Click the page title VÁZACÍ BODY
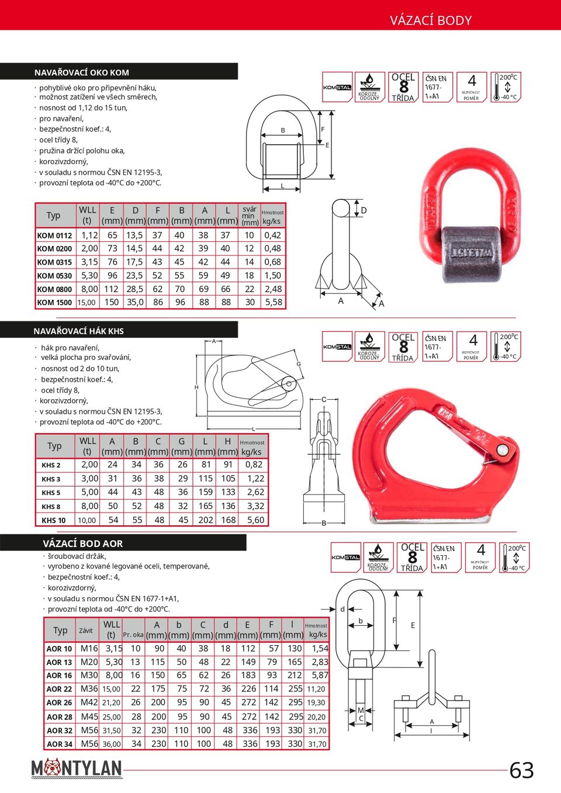pos(431,20)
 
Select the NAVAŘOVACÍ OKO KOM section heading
pos(82,72)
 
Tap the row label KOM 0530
pos(54,276)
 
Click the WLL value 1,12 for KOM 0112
pos(89,236)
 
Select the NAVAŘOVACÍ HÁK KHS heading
pos(79,331)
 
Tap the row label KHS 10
pos(53,520)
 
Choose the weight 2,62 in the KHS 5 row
pos(255,492)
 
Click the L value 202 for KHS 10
pos(206,520)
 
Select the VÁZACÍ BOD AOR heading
pos(83,543)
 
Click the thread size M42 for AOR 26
pos(89,702)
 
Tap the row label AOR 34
pos(60,744)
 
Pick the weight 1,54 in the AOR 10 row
pos(320,648)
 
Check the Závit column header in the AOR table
pos(86,630)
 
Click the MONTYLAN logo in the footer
pos(77,768)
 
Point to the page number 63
pos(521,770)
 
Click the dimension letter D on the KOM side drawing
pos(363,210)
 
